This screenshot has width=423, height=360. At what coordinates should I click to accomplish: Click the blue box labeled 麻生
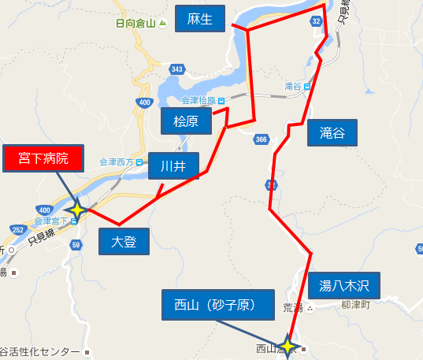199,19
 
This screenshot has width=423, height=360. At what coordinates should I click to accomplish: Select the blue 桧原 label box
186,121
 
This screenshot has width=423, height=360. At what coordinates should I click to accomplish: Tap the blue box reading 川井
173,165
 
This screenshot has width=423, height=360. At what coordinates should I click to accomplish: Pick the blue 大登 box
124,241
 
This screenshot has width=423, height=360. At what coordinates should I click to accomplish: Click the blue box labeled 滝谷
332,133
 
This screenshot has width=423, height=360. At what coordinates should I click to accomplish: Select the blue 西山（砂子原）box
219,304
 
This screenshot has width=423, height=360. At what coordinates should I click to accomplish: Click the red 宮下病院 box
43,158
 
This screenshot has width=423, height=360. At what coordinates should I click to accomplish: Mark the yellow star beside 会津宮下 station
76,210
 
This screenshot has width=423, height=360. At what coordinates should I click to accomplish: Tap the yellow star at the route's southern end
288,345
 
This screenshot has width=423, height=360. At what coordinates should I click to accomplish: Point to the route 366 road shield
262,139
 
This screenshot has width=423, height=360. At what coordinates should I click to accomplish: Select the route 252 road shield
17,228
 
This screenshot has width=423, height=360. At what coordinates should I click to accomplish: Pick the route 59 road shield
76,245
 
